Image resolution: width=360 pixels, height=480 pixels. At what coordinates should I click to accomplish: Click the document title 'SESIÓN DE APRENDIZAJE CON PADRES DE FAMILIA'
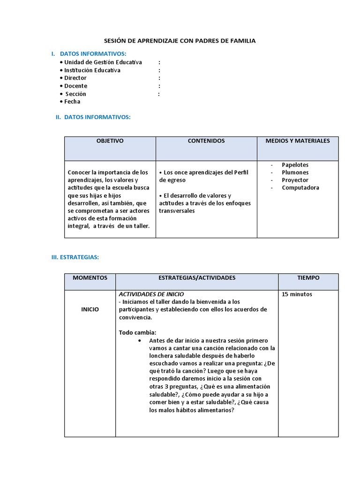tap(180, 41)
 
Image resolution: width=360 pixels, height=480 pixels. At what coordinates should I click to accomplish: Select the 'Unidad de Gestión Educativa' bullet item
tap(103, 62)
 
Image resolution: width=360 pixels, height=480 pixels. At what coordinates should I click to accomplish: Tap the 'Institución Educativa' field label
tap(92, 70)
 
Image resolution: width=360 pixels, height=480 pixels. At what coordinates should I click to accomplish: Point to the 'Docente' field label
tap(75, 86)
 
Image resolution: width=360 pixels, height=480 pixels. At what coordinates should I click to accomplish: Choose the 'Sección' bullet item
tap(75, 94)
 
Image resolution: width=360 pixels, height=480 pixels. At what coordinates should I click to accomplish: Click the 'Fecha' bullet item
tap(72, 102)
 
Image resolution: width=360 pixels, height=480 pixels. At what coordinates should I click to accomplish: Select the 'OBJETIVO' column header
tap(110, 141)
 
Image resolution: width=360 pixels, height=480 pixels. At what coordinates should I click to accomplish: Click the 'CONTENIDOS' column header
tap(206, 141)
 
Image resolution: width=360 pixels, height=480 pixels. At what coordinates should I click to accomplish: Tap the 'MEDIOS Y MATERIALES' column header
tap(298, 141)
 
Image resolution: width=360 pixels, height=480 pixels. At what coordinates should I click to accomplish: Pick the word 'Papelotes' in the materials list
tap(295, 165)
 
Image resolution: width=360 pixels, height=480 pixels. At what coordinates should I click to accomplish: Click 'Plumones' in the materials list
tap(295, 172)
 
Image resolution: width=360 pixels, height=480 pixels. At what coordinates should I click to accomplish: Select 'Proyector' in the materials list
tap(295, 180)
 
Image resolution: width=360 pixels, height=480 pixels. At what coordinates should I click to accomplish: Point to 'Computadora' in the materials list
tap(300, 187)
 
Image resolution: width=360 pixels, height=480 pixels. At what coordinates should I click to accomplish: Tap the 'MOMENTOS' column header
tap(90, 278)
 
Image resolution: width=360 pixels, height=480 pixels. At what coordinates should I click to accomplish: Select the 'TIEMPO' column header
tap(308, 278)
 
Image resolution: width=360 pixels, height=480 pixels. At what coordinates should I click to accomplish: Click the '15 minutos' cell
tap(297, 294)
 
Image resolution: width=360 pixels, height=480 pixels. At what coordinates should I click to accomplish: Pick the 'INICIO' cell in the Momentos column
tap(90, 309)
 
